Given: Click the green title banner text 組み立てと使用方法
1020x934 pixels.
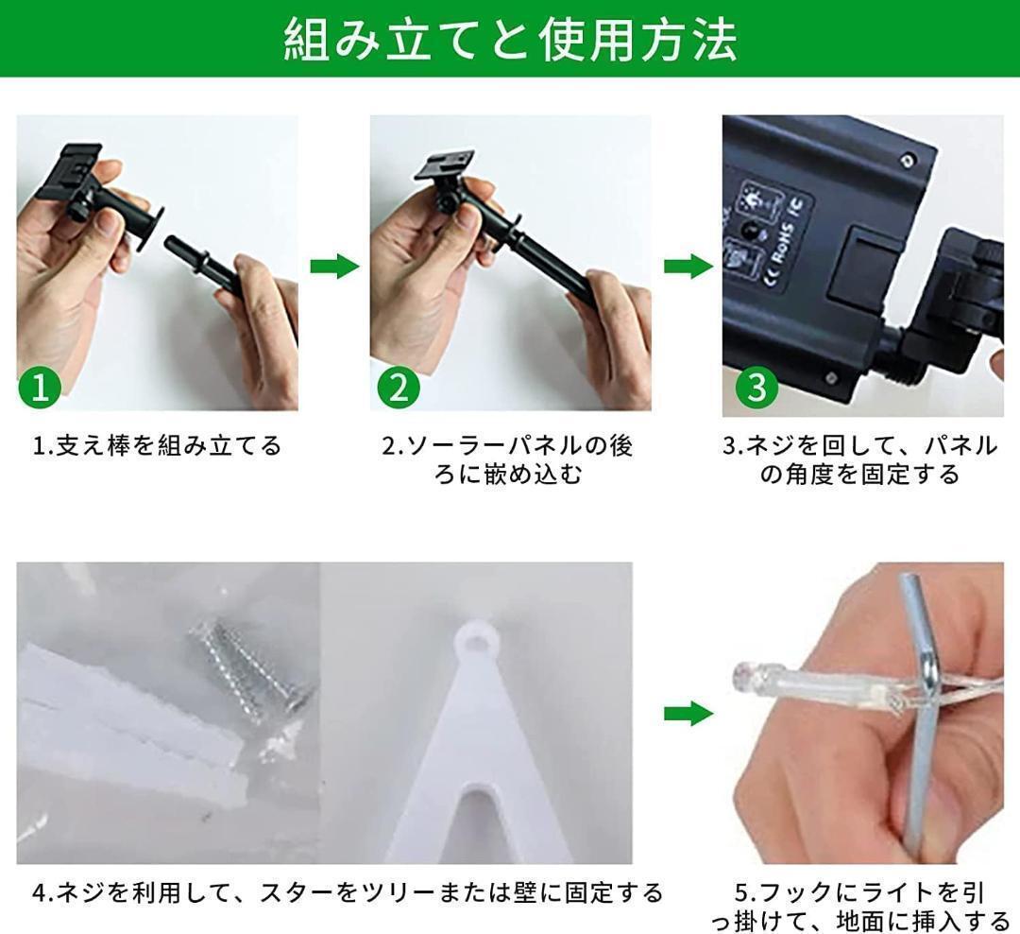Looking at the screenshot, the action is [x=511, y=41].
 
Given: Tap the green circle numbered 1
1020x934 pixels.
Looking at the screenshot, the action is [x=40, y=387].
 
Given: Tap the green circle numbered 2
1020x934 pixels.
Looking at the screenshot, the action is [x=399, y=387].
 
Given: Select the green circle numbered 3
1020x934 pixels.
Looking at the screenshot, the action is [x=756, y=387].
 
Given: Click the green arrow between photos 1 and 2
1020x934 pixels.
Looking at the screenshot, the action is [x=334, y=267].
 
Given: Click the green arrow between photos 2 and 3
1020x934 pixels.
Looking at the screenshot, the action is [x=688, y=267].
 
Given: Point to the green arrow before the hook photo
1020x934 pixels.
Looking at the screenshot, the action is [x=688, y=714].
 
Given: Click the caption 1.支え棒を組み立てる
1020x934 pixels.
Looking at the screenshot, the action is [x=158, y=446].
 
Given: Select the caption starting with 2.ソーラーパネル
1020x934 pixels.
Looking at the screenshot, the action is [x=507, y=460].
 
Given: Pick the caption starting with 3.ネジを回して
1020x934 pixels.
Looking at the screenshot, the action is [x=860, y=460].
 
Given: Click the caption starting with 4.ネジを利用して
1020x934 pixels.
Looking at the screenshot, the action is [x=348, y=892].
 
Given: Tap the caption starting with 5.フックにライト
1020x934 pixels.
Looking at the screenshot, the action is [x=860, y=907].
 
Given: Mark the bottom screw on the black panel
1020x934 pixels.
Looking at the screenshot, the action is [x=831, y=377].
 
